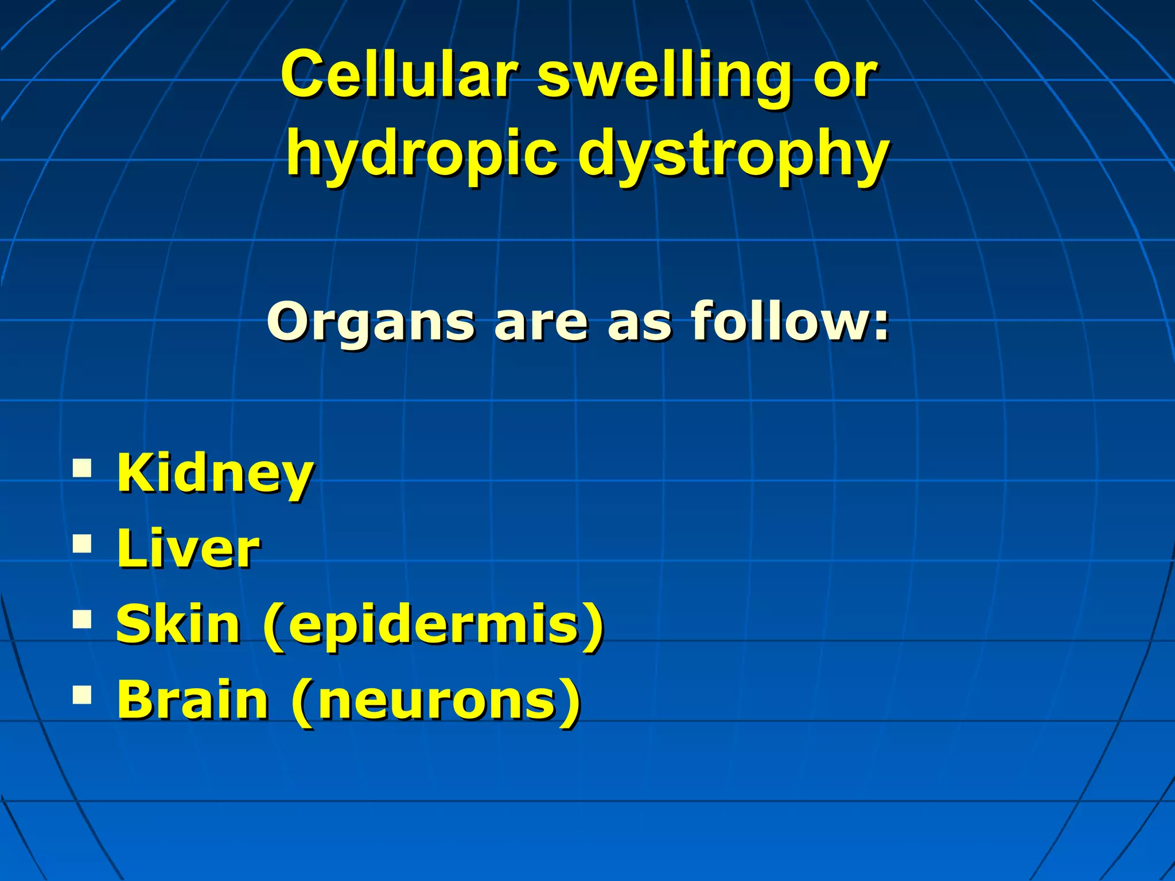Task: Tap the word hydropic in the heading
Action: click(x=422, y=154)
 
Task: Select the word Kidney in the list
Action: click(x=215, y=474)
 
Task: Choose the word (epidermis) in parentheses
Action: click(x=434, y=625)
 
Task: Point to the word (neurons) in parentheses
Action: click(x=436, y=700)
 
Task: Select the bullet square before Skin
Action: click(x=83, y=619)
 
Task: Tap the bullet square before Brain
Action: click(x=83, y=694)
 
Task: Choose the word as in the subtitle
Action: click(x=639, y=322)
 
